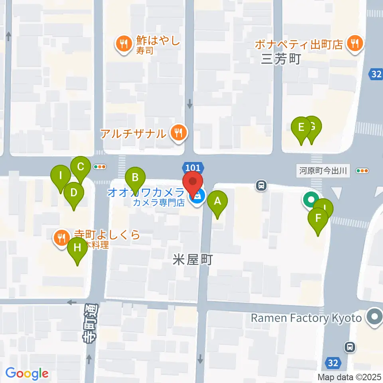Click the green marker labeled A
tap(217, 201)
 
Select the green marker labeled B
tap(135, 178)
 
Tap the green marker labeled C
tap(81, 167)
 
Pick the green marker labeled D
tap(74, 193)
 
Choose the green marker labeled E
tap(301, 128)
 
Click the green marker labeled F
tap(318, 219)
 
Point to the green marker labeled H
tap(77, 248)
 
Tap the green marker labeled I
tap(61, 176)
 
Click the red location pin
tap(193, 183)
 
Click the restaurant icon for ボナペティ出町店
tap(354, 42)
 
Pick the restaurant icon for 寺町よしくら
tap(61, 238)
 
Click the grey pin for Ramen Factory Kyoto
tap(374, 318)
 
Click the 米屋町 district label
tap(193, 260)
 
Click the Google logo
tap(27, 373)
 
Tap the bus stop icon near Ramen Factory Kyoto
tap(350, 347)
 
